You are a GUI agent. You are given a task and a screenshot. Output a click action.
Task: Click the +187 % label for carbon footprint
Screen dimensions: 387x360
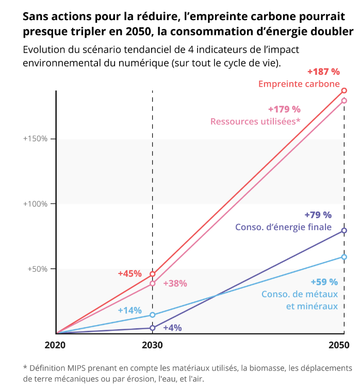323,71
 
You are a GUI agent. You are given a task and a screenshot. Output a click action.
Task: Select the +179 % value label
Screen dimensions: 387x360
284,109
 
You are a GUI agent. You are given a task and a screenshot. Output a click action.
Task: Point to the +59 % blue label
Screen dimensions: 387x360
324,282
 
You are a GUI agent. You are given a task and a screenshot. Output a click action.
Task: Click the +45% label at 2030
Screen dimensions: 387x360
129,273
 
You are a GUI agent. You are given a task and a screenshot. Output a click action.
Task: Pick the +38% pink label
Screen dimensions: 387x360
175,283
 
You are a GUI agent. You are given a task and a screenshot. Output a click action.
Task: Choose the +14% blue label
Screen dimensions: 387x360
129,311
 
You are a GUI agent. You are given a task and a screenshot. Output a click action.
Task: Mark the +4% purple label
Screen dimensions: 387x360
172,328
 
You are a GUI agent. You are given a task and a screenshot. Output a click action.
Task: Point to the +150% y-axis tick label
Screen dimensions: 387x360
35,139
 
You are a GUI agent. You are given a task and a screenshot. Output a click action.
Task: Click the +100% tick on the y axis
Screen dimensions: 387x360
35,204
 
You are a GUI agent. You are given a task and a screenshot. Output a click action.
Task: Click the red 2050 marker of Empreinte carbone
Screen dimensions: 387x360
344,90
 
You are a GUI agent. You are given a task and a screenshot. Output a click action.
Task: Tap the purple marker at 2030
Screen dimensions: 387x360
152,328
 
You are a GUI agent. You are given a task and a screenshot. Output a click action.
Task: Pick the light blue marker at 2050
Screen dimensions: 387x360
344,257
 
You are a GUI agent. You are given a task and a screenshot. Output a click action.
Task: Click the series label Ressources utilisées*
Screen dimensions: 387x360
255,122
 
